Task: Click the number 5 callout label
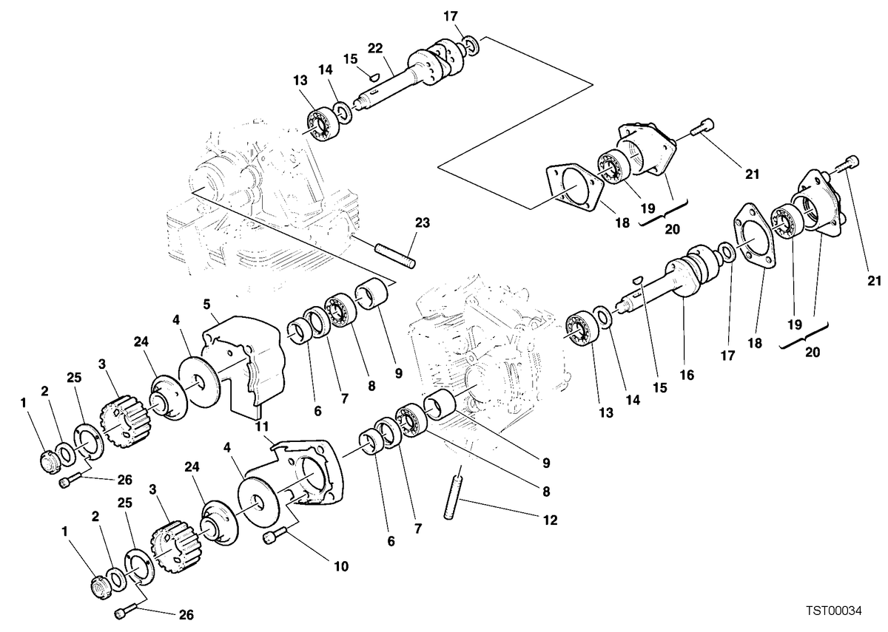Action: (x=206, y=304)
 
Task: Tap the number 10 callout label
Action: (x=341, y=566)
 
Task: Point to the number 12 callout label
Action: (x=550, y=520)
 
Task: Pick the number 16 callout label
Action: (x=687, y=375)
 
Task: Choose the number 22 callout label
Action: (x=375, y=48)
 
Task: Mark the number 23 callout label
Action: (x=423, y=222)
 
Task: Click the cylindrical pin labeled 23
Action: (x=395, y=256)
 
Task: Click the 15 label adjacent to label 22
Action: (x=351, y=59)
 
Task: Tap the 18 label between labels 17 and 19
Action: (x=755, y=343)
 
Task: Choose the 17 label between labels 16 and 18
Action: (x=727, y=356)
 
